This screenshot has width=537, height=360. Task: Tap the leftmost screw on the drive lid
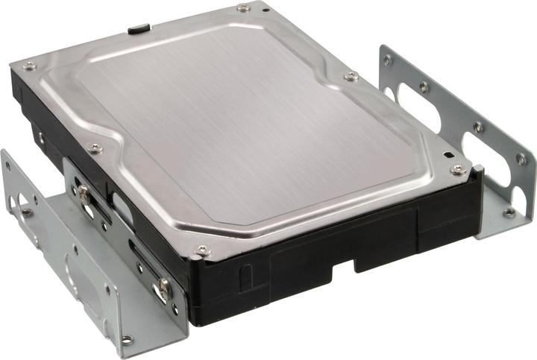[29, 66]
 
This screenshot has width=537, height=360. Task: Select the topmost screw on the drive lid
[244, 8]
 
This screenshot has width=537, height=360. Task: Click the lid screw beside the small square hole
[458, 169]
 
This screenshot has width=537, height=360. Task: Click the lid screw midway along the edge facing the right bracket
[350, 76]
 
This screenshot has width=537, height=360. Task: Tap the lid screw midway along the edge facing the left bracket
[95, 148]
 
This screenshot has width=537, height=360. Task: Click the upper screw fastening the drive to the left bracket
[84, 193]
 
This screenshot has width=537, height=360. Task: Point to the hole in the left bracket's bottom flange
[127, 339]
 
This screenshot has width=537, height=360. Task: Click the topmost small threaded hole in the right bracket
[386, 60]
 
